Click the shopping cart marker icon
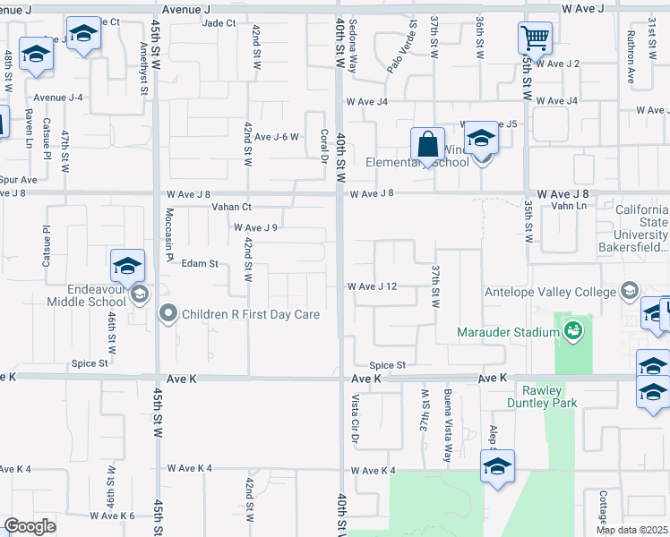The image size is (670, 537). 535,38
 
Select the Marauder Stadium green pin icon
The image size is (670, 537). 573,332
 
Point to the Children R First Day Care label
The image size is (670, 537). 251,314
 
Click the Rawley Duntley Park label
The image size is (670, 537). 542,396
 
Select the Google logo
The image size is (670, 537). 29,526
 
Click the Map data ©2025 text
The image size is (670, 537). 631,530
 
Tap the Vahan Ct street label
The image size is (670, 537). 231,207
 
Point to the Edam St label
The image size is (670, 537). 200,263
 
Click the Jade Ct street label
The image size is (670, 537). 219,23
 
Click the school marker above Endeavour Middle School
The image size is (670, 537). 128,266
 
